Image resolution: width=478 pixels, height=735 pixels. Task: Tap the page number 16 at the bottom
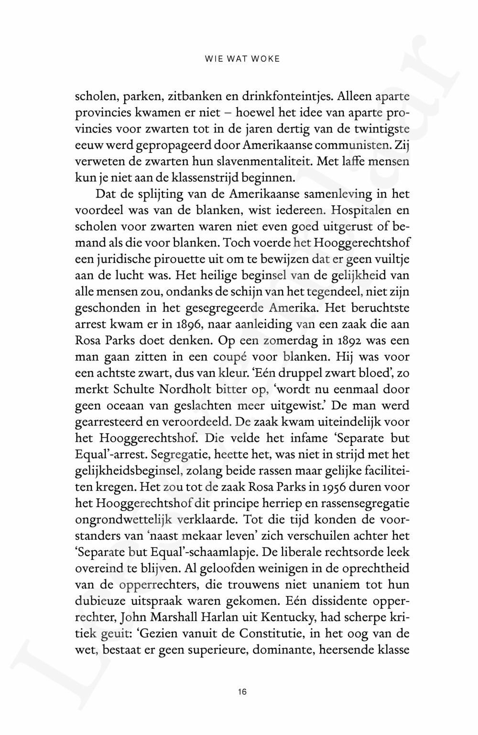click(x=242, y=691)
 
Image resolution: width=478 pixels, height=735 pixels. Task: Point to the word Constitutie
click(x=280, y=634)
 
